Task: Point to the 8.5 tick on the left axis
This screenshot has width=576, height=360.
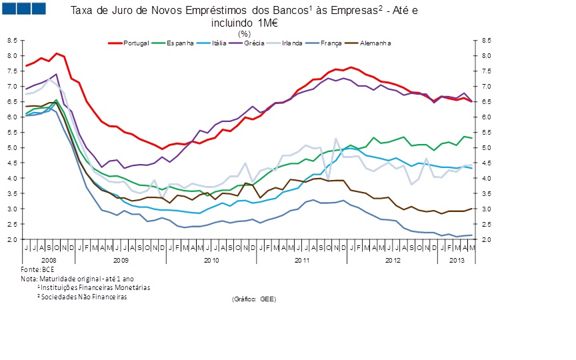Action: (13, 40)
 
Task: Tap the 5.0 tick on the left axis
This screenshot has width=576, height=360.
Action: (13, 147)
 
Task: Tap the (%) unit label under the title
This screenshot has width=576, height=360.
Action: (244, 33)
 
